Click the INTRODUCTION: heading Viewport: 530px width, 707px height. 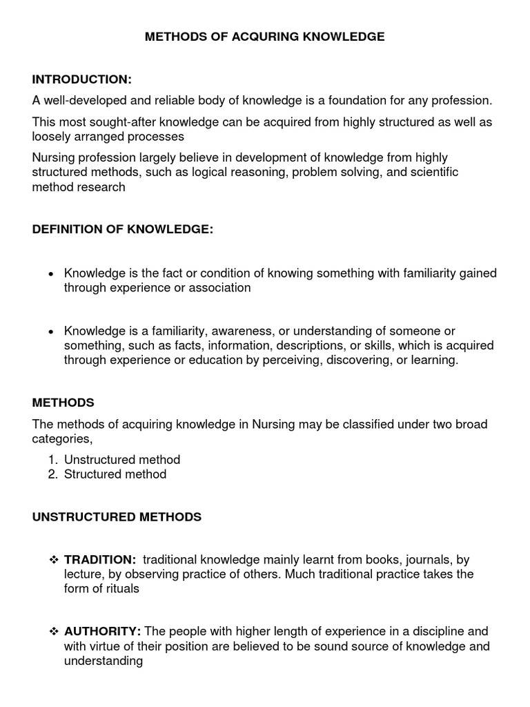[x=81, y=79]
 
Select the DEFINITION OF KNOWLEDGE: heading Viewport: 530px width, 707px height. [x=123, y=230]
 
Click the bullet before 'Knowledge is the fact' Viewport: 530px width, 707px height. [x=50, y=274]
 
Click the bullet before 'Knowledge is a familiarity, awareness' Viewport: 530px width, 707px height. [x=50, y=332]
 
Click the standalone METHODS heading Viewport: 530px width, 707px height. [x=63, y=403]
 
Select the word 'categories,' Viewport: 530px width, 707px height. [x=62, y=438]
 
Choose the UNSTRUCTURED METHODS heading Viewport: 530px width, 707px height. [x=117, y=516]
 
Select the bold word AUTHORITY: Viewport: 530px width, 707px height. [x=102, y=632]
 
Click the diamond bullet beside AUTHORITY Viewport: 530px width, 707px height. [x=54, y=632]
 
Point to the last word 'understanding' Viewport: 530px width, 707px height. [x=104, y=661]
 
